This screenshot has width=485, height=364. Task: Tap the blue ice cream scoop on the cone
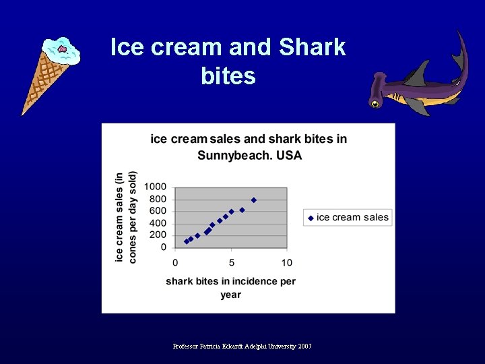pos(61,51)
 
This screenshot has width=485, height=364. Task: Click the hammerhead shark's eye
pos(375,104)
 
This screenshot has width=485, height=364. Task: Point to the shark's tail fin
pos(460,51)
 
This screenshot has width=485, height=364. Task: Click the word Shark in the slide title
pos(312,47)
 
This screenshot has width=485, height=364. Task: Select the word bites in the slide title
pos(228,76)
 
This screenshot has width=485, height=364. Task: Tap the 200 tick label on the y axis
pos(158,235)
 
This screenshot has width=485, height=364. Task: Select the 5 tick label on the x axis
pos(231,262)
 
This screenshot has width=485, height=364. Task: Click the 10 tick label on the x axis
pos(287,262)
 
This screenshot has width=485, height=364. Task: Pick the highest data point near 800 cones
pos(254,200)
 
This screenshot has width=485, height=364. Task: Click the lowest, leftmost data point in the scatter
pos(187,241)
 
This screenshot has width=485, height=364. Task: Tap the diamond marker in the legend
pos(311,217)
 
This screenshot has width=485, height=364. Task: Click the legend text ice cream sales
pos(352,217)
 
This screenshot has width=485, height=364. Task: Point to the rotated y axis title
pos(125,216)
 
